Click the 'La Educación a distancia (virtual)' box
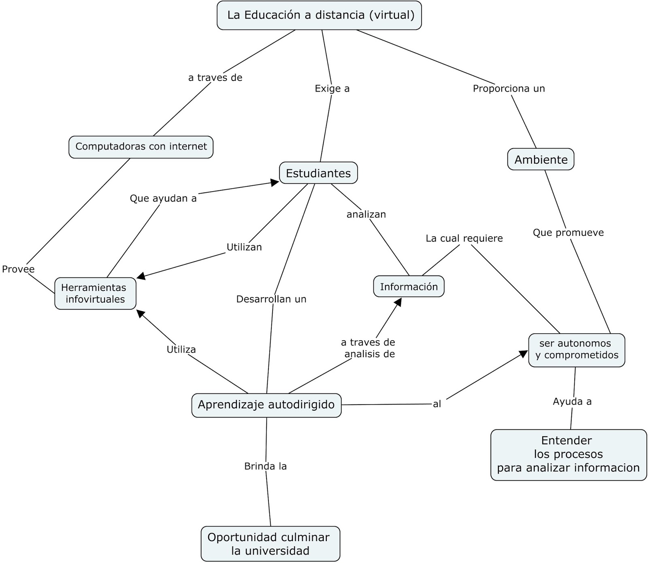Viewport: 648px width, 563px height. pos(319,15)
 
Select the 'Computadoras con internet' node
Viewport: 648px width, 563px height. pos(141,147)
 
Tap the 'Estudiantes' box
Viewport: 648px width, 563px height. pos(318,173)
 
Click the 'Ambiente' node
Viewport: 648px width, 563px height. pos(541,160)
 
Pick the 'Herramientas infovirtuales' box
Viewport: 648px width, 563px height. pos(95,293)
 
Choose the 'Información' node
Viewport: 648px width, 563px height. pos(409,287)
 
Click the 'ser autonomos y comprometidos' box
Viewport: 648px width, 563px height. pos(577,350)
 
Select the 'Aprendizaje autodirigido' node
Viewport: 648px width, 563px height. pos(266,405)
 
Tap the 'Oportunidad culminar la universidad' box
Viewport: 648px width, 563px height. pos(270,544)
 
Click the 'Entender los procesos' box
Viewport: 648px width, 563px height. pos(568,454)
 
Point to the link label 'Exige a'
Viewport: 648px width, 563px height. pos(332,88)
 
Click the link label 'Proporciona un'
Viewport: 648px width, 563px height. pos(509,88)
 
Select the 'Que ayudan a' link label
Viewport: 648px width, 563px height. pos(163,198)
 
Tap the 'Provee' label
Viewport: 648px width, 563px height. pos(18,269)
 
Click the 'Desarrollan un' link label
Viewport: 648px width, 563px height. pos(271,299)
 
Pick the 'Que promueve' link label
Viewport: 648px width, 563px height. pos(568,233)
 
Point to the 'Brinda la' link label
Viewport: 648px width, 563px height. pos(265,467)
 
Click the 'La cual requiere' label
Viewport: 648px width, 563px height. pos(464,239)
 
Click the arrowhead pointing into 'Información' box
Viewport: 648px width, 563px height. pos(398,302)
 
